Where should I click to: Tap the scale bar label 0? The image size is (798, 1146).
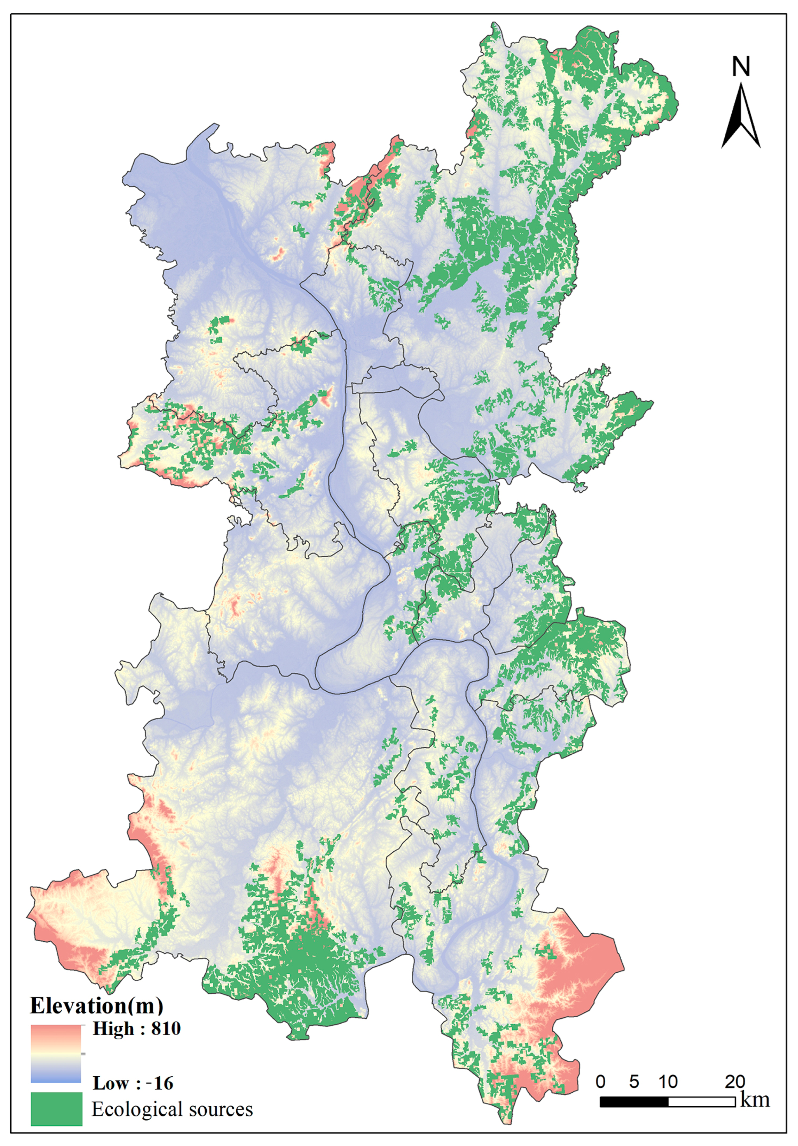[600, 1081]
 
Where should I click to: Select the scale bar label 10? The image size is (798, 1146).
[668, 1081]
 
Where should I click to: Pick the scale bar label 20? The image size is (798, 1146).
[735, 1081]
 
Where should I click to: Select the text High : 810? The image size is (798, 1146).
[136, 1029]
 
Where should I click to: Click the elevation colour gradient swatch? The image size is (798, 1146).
[56, 1053]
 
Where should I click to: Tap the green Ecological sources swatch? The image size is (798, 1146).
[56, 1109]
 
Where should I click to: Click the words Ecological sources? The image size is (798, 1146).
[172, 1109]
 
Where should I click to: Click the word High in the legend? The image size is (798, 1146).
[113, 1029]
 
